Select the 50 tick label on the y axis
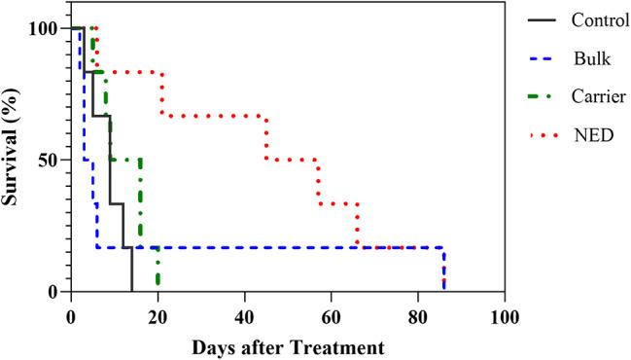[50, 160]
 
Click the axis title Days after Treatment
[288, 346]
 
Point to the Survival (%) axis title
[17, 160]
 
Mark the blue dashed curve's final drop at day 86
[444, 270]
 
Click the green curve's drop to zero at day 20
[158, 270]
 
